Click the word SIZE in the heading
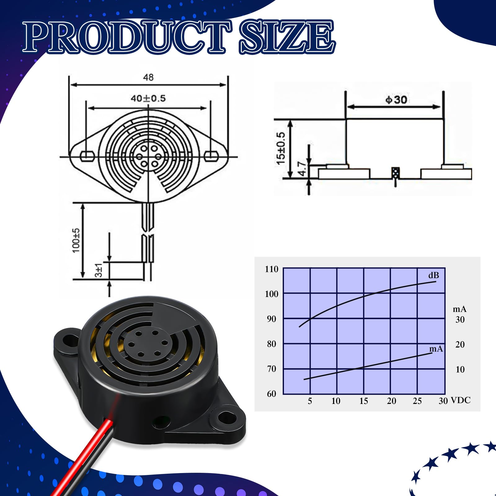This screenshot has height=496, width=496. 287,37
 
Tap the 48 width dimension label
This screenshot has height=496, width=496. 148,77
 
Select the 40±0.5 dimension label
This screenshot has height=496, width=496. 148,99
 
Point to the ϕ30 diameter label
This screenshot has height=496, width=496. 396,100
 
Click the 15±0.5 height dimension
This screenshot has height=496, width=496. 281,148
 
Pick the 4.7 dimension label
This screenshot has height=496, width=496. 302,168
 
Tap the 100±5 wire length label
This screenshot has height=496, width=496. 76,241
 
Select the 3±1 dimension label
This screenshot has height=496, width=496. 98,270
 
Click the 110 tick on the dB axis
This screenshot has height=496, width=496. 272,269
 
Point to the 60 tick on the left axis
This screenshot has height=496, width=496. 272,394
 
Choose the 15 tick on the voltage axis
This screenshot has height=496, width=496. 364,401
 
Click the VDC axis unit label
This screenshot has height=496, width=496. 461,400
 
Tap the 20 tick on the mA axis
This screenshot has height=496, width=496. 460,344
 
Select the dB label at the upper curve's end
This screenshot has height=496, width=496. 434,275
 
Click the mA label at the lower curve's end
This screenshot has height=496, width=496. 436,349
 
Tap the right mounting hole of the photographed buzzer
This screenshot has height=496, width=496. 226,419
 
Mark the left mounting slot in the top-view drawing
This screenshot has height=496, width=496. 87,156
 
